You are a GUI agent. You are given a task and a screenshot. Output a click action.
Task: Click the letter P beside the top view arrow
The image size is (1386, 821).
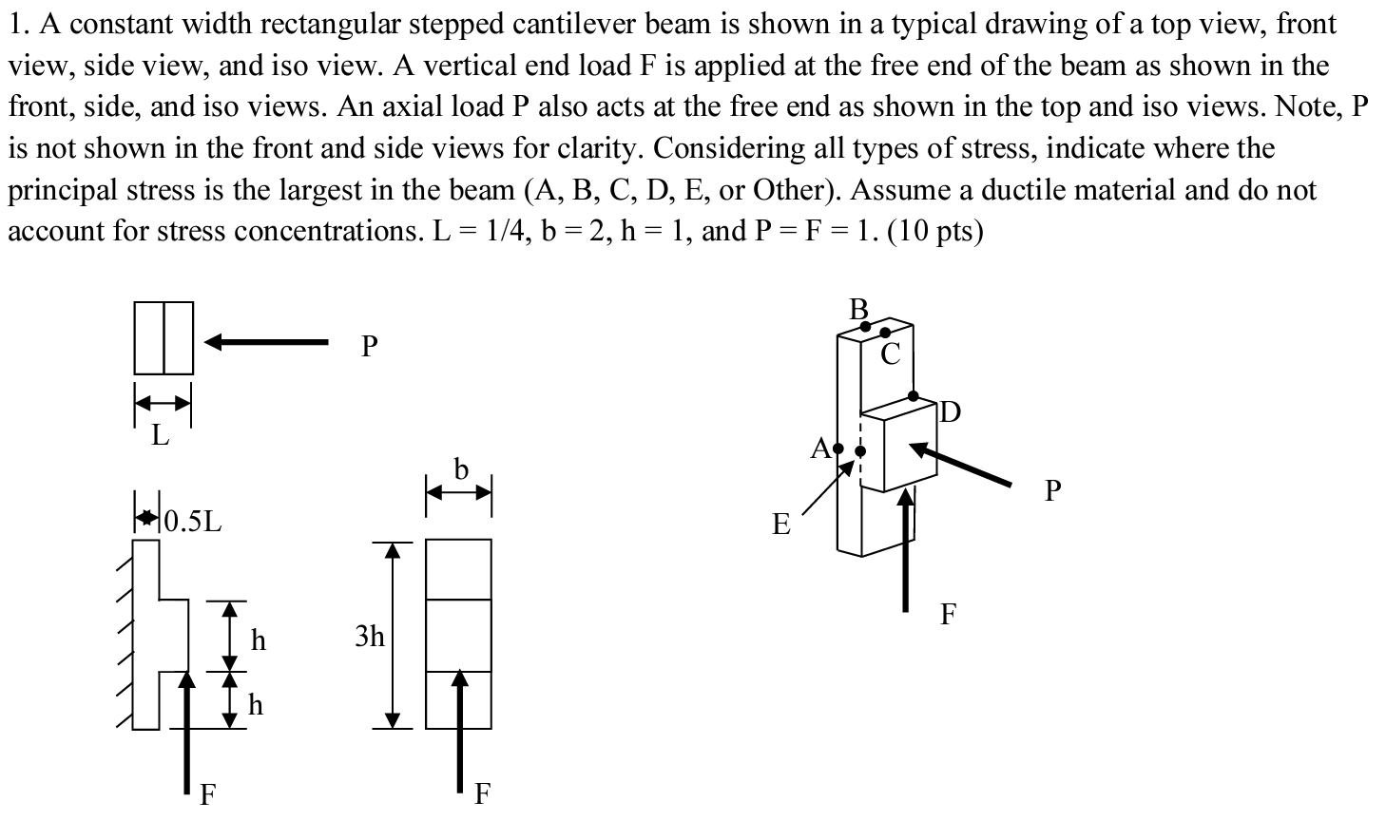[370, 347]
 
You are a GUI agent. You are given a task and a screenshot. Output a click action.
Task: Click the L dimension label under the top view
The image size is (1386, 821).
[161, 436]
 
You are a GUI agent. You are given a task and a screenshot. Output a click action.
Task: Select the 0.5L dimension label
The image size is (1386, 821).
[194, 521]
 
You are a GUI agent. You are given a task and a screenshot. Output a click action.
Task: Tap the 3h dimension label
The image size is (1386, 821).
[370, 636]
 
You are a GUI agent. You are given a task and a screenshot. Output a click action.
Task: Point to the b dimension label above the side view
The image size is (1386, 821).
[461, 468]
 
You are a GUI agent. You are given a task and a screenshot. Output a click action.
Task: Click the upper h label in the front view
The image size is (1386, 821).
[258, 640]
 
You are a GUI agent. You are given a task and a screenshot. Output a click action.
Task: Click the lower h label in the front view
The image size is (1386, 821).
[256, 704]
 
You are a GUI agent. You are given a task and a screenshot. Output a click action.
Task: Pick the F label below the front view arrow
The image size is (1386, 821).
[206, 794]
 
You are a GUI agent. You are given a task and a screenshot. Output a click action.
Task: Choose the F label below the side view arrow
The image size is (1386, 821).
[482, 794]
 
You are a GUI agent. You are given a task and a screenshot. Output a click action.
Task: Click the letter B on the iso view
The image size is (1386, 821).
[859, 309]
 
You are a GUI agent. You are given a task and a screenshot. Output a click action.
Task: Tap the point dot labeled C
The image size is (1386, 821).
[885, 333]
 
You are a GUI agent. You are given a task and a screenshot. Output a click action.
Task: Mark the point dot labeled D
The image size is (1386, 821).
[914, 395]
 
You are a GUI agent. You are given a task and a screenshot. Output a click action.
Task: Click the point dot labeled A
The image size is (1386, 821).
[837, 448]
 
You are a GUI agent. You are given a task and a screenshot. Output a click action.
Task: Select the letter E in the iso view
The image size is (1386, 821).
[781, 524]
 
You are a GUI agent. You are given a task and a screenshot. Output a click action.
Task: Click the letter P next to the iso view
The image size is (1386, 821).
[1051, 491]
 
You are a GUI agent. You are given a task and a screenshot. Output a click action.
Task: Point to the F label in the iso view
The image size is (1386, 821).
[948, 615]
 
